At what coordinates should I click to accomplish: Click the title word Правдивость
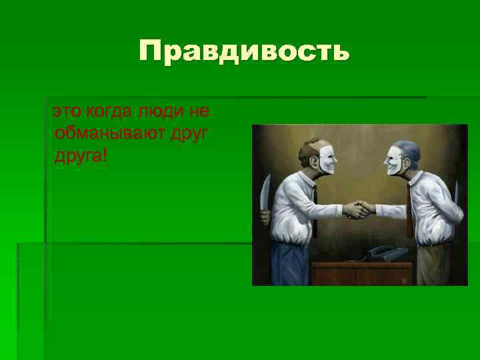244,52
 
